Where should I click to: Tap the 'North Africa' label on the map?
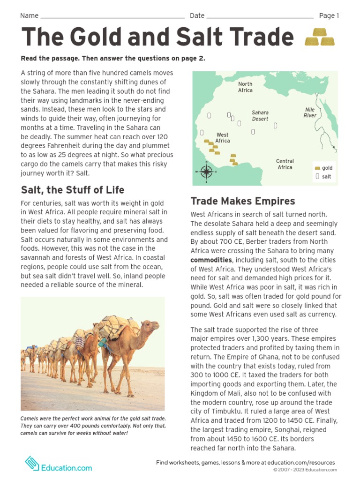(x=245, y=87)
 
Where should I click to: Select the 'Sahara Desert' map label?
(x=260, y=116)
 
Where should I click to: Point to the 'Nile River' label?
(x=310, y=112)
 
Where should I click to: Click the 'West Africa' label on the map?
(x=223, y=138)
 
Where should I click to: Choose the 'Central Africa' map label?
(x=285, y=164)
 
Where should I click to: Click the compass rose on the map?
(x=206, y=172)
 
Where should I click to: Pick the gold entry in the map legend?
(x=323, y=168)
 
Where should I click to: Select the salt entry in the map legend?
(x=323, y=177)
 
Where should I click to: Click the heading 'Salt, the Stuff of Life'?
(x=73, y=190)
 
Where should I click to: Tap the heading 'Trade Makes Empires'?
(x=243, y=201)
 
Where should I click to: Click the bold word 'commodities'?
(x=211, y=260)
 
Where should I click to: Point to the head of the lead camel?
(x=150, y=326)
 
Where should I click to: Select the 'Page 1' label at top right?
(x=329, y=15)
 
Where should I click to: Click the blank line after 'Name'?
(x=112, y=16)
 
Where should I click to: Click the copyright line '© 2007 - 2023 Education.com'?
(x=305, y=470)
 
